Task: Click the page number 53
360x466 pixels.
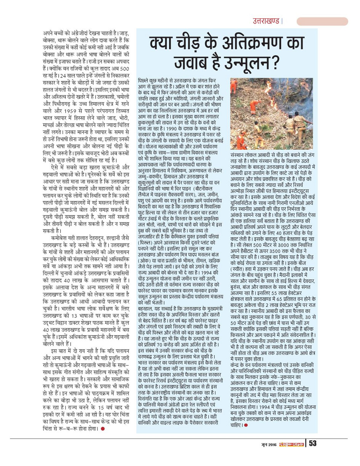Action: pos(313,444)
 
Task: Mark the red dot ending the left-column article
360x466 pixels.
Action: pos(102,429)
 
